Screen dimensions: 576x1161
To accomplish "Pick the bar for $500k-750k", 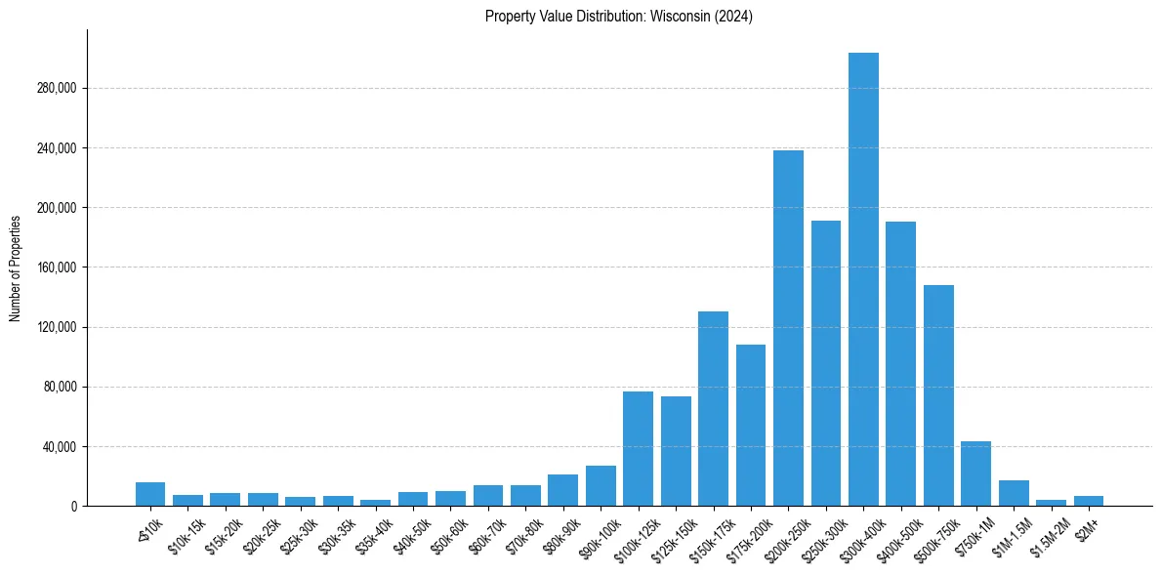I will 938,395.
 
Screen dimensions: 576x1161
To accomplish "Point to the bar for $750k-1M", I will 975,473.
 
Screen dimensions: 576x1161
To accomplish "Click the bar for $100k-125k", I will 638,448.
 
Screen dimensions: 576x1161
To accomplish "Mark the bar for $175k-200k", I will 751,425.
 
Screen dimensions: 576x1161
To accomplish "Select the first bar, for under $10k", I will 150,494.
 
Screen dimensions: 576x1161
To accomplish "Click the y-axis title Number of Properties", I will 15,267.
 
